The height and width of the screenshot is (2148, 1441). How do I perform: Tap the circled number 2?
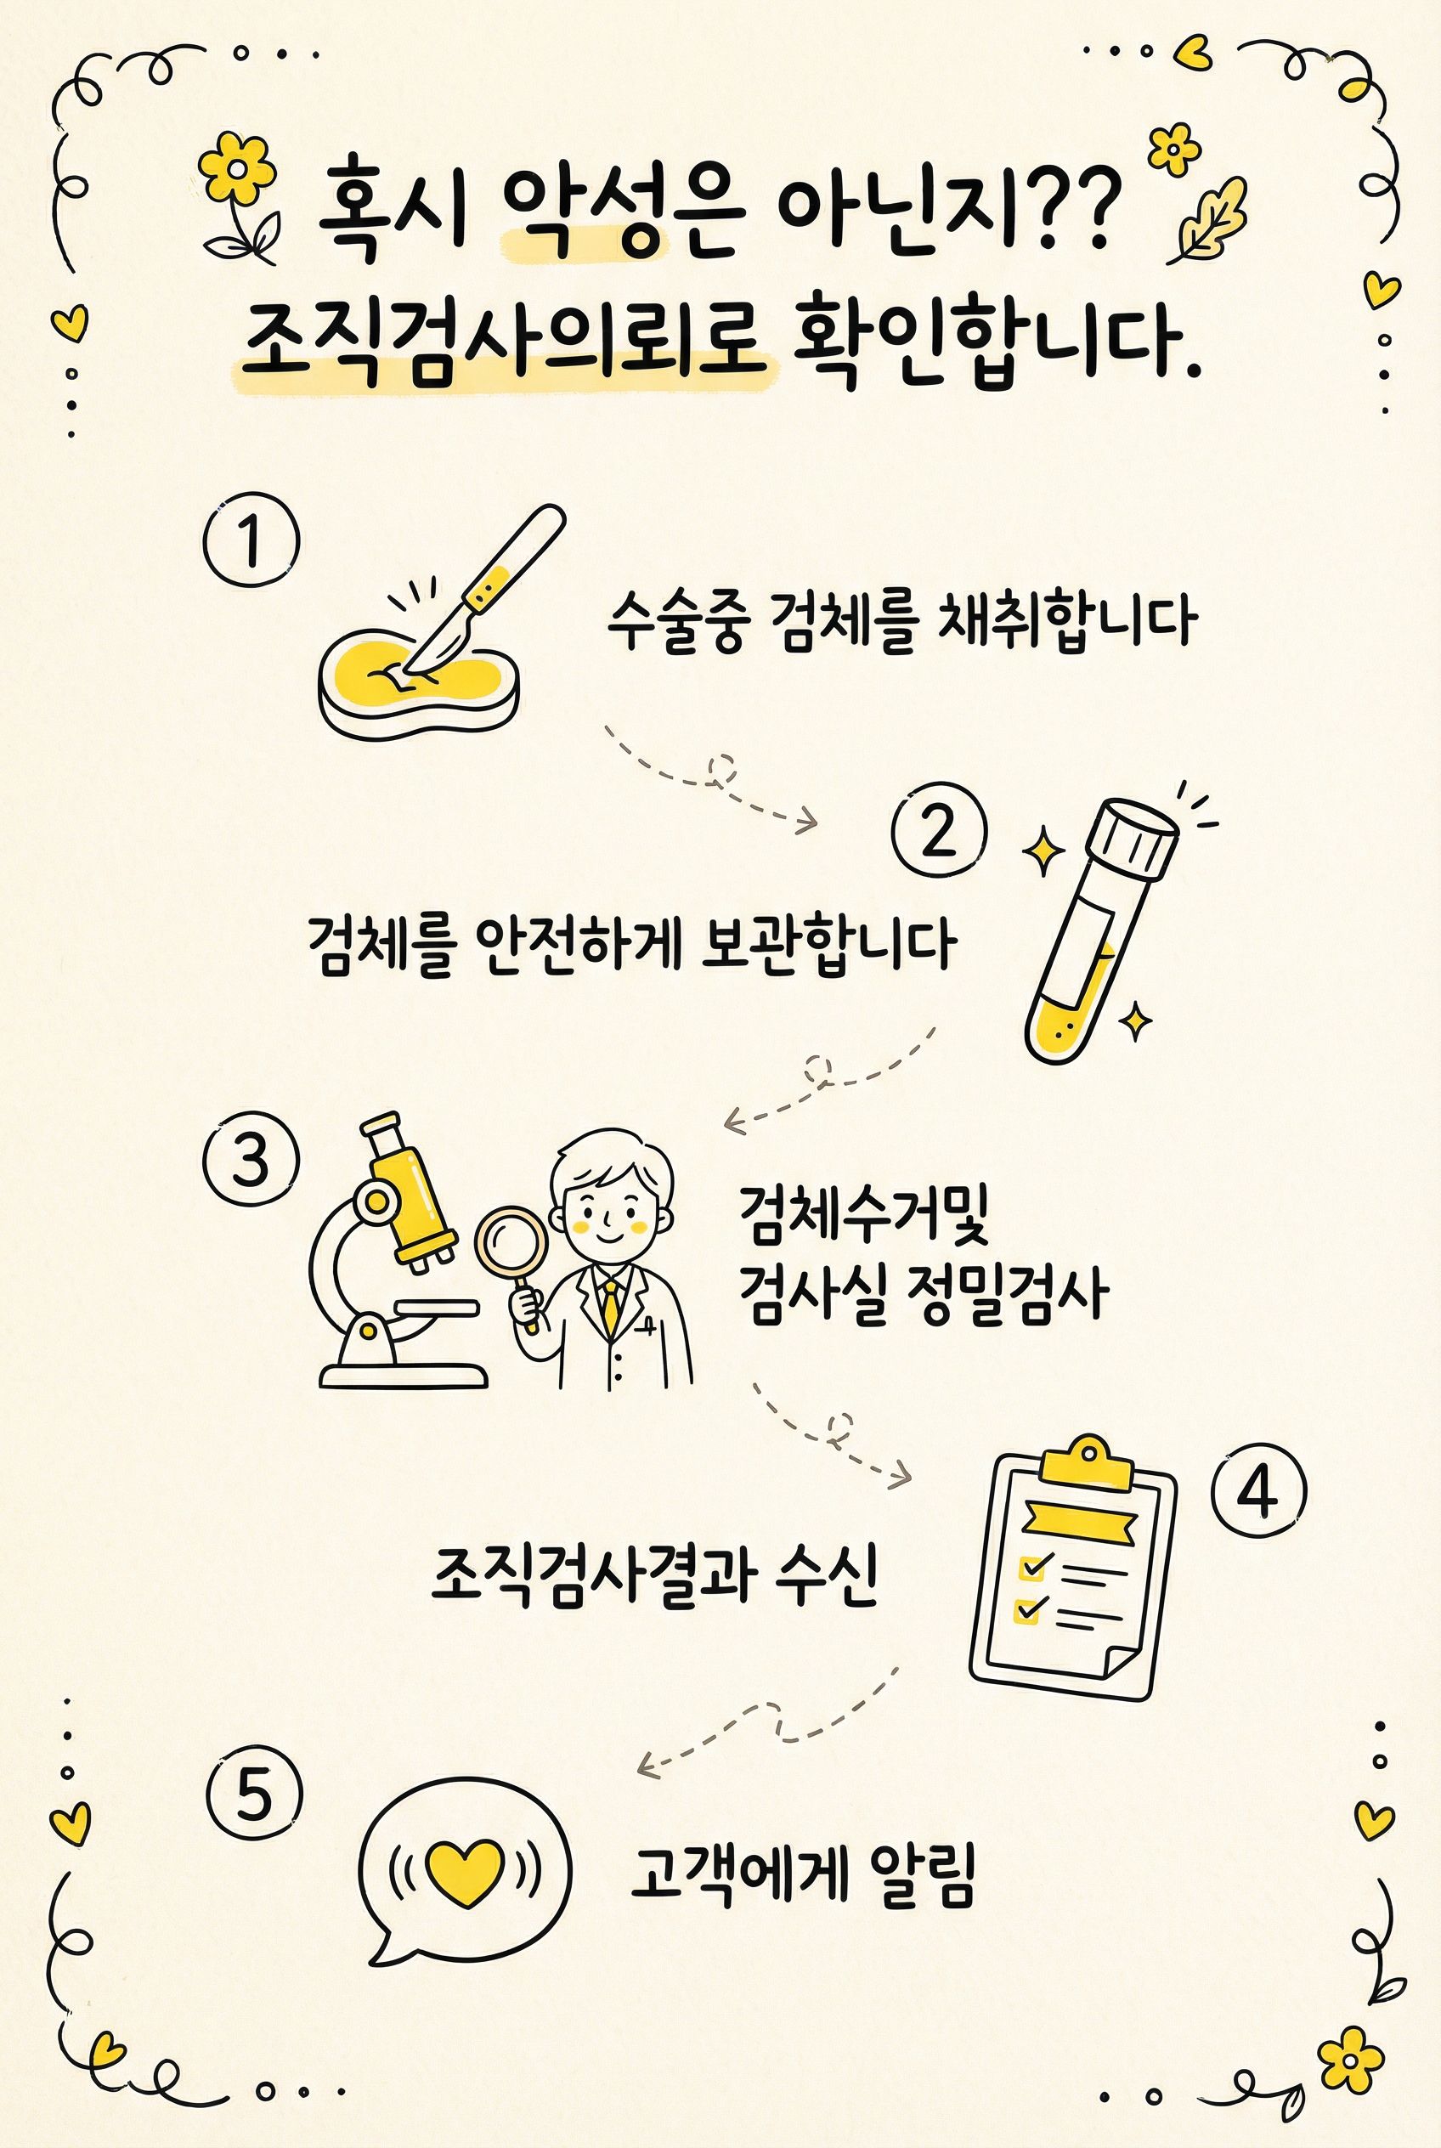[x=939, y=832]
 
